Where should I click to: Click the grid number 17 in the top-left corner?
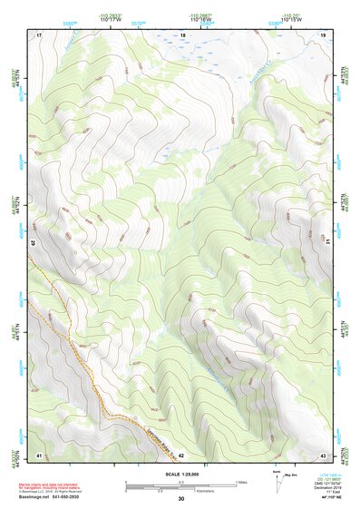(x=39, y=34)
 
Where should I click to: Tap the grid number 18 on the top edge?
(x=182, y=34)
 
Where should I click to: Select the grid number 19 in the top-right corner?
(x=325, y=34)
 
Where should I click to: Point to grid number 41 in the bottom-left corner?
(x=39, y=455)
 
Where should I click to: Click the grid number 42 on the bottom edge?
(x=181, y=455)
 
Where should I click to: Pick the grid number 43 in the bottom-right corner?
(x=324, y=455)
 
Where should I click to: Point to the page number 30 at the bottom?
(x=180, y=499)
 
